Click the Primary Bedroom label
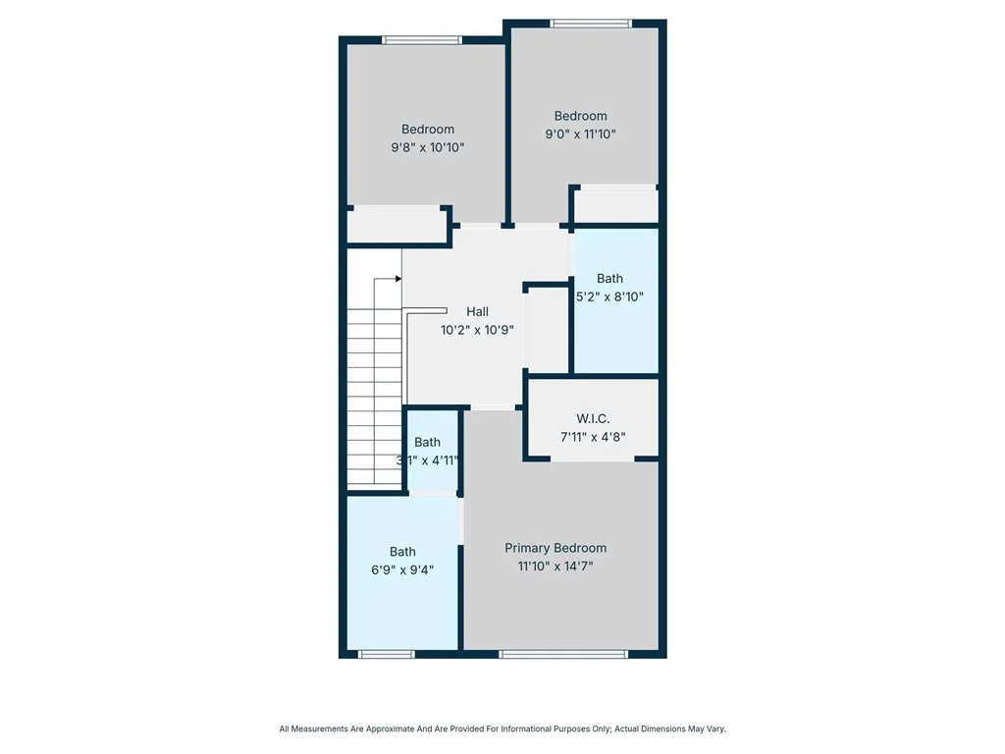point(555,548)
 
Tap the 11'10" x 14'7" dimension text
point(555,566)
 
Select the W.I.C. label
point(593,418)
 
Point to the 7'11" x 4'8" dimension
point(593,437)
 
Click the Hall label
point(478,311)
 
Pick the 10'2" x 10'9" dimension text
point(478,330)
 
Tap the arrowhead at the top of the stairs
point(398,279)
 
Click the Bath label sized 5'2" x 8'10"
point(609,278)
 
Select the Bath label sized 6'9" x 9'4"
point(402,552)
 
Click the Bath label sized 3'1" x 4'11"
point(427,442)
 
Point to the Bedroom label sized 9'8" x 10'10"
point(428,129)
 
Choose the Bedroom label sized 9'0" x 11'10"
point(581,116)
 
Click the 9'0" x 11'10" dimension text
point(581,134)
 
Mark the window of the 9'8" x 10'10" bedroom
point(422,40)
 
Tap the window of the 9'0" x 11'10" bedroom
point(591,24)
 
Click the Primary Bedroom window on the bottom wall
point(563,654)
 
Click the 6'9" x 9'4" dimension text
point(402,569)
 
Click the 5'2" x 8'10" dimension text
point(609,296)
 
